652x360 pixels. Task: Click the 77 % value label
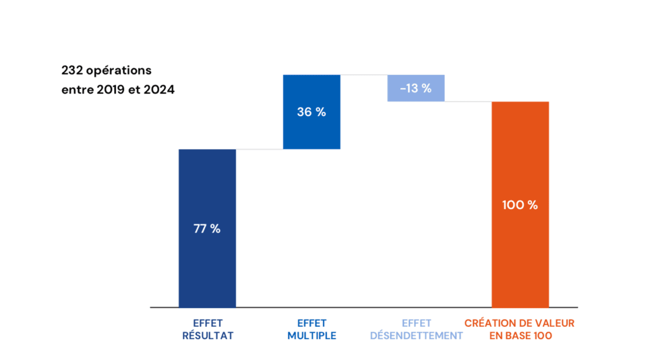coord(207,229)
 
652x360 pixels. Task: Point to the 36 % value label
coord(312,113)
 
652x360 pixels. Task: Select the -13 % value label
coord(416,88)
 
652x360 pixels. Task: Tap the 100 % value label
coord(520,206)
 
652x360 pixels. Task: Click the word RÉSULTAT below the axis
coord(208,336)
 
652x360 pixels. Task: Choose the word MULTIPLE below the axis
coord(312,336)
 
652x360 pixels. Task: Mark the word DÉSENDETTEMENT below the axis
coord(417,336)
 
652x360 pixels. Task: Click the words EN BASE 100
coord(520,336)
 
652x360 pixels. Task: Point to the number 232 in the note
coord(72,71)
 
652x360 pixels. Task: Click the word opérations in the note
coord(119,71)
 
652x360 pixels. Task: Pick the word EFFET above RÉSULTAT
coord(208,323)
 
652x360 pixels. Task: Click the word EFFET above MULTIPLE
coord(312,323)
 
